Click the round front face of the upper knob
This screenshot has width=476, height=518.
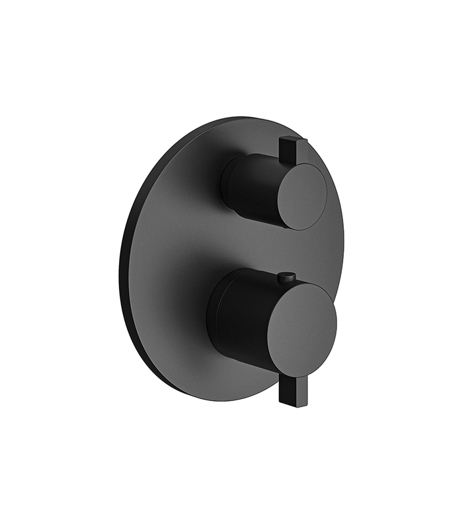(301, 196)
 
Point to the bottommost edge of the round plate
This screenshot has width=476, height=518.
(218, 401)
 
